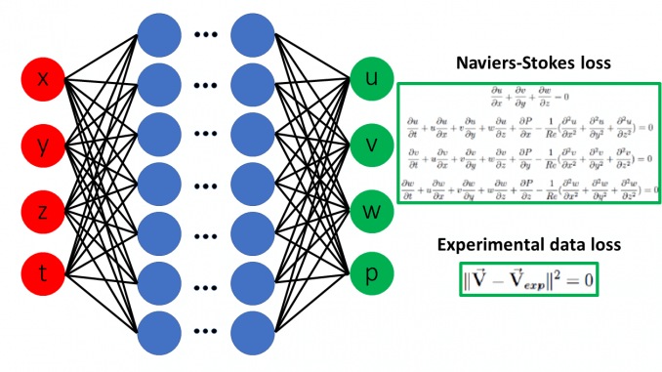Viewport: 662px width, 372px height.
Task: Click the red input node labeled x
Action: click(x=43, y=80)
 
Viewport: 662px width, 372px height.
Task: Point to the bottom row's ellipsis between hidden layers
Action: click(x=207, y=333)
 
